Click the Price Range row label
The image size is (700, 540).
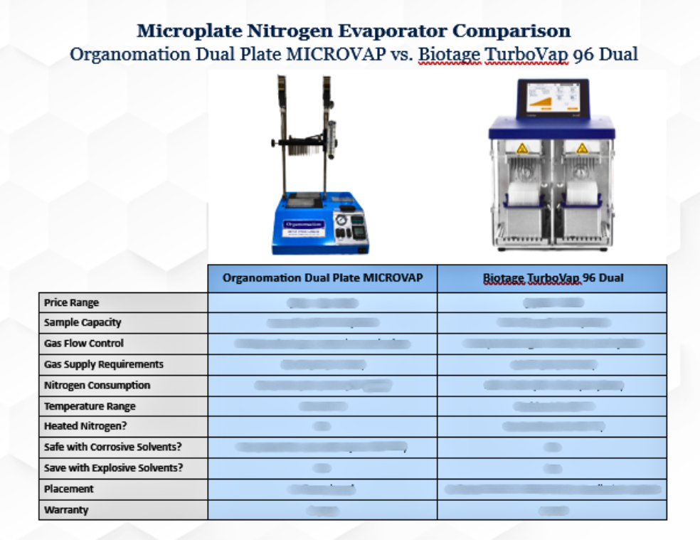click(x=72, y=302)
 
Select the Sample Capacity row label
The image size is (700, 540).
click(x=83, y=322)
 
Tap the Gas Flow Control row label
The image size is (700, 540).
click(x=84, y=343)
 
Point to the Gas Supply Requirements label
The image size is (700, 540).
click(x=104, y=364)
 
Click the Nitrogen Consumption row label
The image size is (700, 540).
click(x=97, y=385)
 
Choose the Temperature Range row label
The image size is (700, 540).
click(x=90, y=406)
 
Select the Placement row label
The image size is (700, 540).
click(x=69, y=489)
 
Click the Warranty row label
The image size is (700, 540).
click(x=66, y=510)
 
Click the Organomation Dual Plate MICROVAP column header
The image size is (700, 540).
click(x=322, y=278)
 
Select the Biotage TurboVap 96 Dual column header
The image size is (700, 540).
click(x=552, y=278)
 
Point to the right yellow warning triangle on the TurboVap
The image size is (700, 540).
click(x=582, y=148)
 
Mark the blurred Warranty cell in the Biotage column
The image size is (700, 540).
click(x=552, y=510)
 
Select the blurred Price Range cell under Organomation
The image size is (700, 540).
click(x=322, y=303)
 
